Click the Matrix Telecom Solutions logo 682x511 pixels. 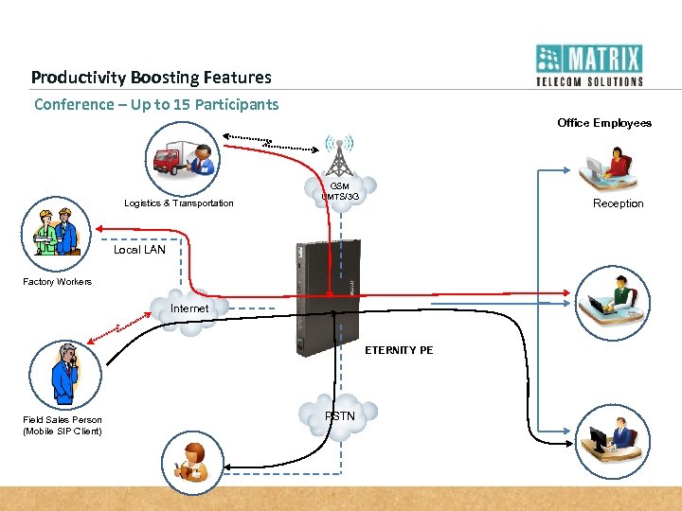588,65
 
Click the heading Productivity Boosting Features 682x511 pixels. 151,78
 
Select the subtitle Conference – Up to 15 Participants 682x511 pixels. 156,104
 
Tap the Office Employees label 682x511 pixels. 604,123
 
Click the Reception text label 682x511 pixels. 618,203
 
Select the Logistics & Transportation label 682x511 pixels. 178,203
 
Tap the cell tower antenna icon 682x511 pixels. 339,151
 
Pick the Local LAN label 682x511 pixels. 139,250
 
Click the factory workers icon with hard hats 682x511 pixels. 55,232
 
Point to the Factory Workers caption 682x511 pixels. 58,282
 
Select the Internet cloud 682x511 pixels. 189,308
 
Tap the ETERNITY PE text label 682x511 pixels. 399,350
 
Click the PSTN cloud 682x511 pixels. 339,416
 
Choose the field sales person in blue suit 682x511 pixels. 64,375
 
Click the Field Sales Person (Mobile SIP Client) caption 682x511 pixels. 63,426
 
